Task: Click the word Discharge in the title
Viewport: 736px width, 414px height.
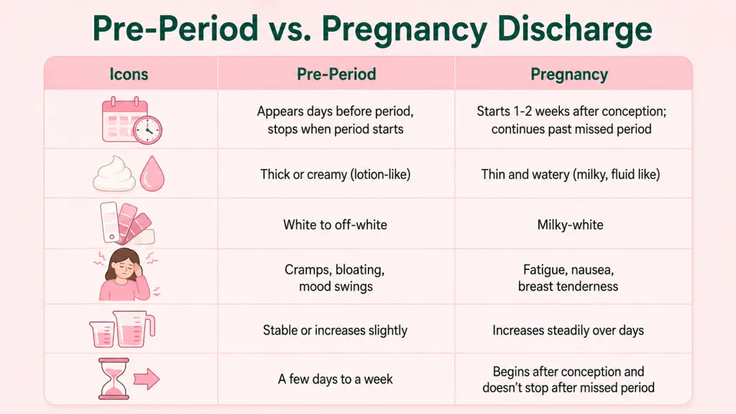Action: coord(574,29)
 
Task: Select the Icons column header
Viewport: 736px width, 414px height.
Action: coord(129,74)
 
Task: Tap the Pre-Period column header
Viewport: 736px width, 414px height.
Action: coord(336,74)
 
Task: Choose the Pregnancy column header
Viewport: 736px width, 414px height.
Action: coord(569,75)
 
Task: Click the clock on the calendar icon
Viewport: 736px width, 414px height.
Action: coord(147,129)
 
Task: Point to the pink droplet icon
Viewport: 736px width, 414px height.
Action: coord(152,173)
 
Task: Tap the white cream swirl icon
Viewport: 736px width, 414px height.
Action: coord(114,174)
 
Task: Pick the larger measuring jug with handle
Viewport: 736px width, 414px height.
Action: coord(134,328)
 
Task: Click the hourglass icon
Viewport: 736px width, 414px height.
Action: coord(113,378)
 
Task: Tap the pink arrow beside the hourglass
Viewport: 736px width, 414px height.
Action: coord(147,379)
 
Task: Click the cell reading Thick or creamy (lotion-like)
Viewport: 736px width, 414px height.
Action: coord(335,175)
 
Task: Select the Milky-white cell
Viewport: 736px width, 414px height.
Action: coord(570,225)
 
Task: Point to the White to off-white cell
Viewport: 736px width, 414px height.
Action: coord(335,225)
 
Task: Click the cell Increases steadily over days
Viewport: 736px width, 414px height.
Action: coord(568,331)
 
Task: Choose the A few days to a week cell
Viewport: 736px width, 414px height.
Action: coord(335,379)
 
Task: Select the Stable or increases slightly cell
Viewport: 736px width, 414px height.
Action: coord(335,331)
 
